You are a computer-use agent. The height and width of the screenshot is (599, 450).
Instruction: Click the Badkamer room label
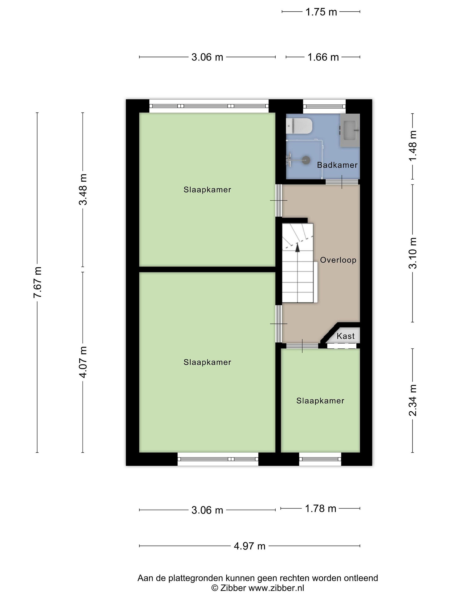coord(337,165)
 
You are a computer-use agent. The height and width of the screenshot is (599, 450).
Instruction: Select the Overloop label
coord(338,260)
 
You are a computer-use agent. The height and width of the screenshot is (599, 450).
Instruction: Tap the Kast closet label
coord(346,336)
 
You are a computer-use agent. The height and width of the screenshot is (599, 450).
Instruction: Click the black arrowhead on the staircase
coord(297,248)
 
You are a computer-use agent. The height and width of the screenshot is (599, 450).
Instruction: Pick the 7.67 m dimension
coord(37,282)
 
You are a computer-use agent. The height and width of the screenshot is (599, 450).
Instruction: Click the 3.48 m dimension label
coord(83,189)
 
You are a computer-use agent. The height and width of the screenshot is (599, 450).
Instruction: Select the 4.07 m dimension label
coord(83,362)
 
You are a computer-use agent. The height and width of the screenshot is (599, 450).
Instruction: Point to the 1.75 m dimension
coord(321,12)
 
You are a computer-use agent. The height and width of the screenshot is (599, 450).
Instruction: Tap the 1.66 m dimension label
coord(323,57)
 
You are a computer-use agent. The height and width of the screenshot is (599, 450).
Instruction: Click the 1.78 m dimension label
coord(321,509)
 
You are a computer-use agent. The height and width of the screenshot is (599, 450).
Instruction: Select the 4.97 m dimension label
coord(250,546)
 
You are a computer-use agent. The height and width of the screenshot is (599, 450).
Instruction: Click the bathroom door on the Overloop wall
coord(342,182)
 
